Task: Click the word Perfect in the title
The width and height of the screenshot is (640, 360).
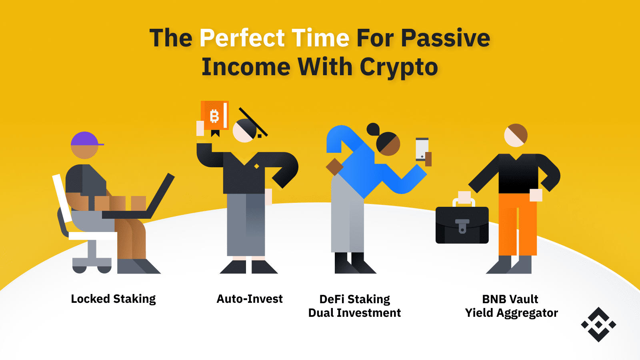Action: [242, 38]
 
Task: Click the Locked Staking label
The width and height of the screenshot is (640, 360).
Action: [113, 299]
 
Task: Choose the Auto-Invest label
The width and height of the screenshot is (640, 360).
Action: [250, 299]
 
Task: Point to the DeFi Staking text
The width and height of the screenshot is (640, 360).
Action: [354, 299]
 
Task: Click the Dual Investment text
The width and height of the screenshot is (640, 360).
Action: [354, 313]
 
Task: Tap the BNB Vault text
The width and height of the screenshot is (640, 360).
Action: [510, 299]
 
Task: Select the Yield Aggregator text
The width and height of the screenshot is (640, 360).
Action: [511, 313]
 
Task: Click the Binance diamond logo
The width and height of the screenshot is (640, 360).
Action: [598, 324]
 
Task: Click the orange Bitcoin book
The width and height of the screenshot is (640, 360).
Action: [215, 116]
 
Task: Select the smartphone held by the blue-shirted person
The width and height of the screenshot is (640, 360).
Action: [422, 149]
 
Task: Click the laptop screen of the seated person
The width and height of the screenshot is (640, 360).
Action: [162, 196]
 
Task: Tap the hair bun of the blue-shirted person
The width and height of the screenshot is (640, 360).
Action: [373, 129]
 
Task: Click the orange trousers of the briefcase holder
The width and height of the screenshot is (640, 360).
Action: [517, 224]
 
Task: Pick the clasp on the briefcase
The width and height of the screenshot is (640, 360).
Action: [462, 226]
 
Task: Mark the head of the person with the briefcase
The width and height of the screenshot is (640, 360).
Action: [516, 135]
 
